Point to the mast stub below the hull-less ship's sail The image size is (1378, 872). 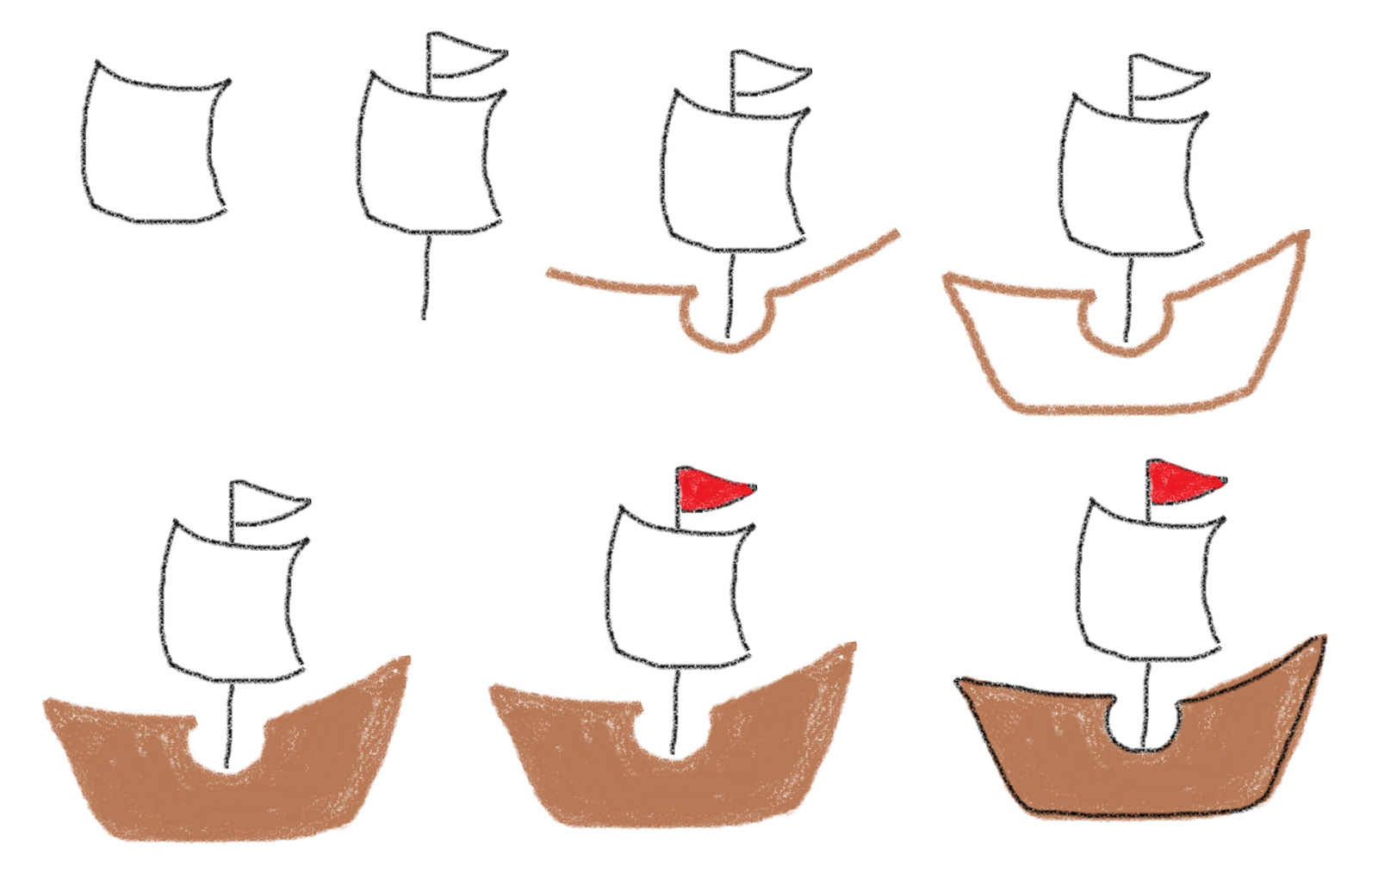(425, 275)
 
